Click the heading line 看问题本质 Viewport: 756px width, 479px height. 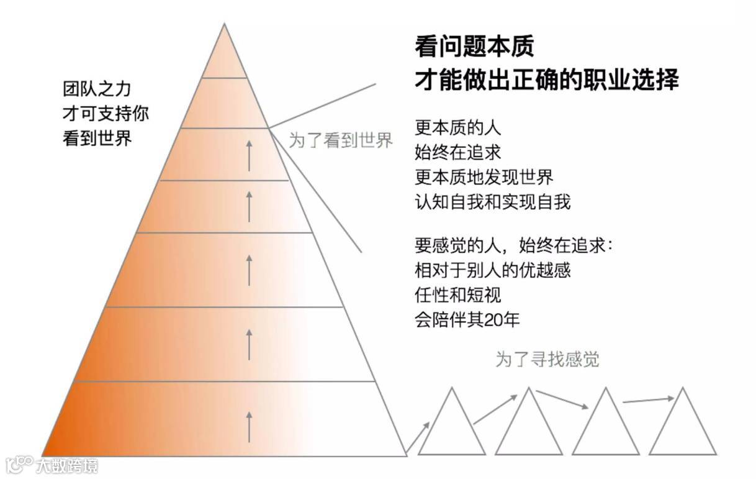click(x=474, y=47)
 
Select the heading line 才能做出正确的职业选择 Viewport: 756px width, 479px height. click(x=547, y=80)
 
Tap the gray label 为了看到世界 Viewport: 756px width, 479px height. click(x=341, y=140)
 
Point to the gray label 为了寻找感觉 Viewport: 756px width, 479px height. click(x=547, y=359)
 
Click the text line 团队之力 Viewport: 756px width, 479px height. click(x=97, y=89)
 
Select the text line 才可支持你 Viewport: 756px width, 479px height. click(x=106, y=114)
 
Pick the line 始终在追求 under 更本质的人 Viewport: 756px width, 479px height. click(x=457, y=152)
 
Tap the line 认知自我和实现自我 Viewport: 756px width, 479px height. click(x=492, y=202)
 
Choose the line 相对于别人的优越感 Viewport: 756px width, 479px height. click(x=492, y=271)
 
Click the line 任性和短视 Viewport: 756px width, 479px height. click(x=457, y=294)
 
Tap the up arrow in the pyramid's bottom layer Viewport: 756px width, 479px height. click(x=249, y=426)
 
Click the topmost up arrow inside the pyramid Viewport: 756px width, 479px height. click(x=249, y=155)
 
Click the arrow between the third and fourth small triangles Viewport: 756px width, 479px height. click(x=647, y=400)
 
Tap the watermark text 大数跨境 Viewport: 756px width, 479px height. click(x=67, y=465)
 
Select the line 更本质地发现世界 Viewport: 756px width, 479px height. click(x=484, y=177)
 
